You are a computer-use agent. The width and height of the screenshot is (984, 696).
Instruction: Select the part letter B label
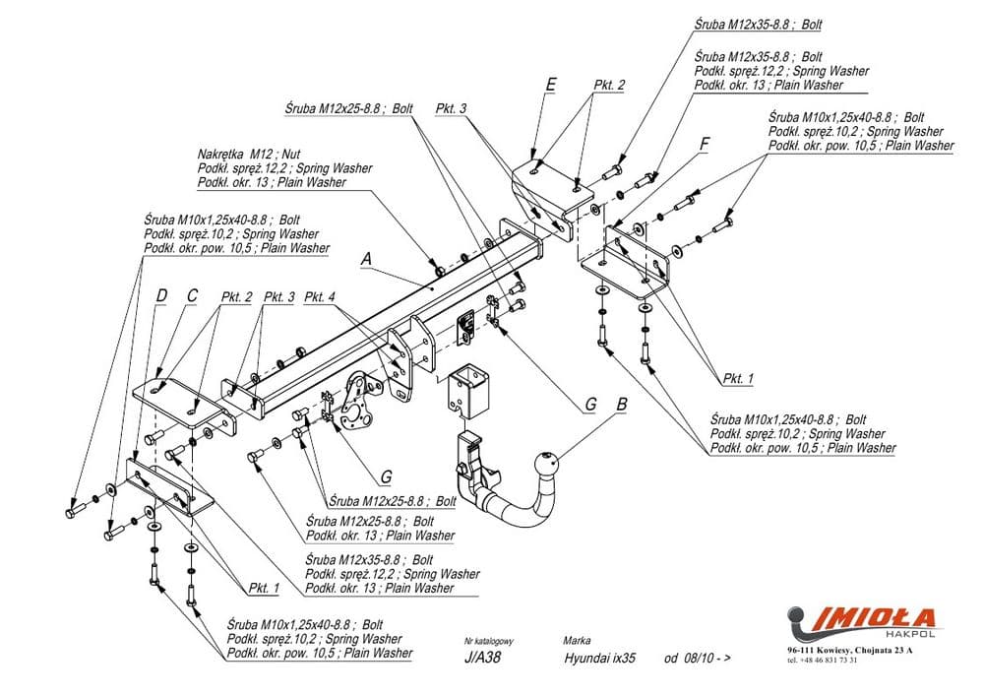tap(621, 402)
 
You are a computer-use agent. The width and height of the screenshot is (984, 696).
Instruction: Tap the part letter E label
tap(550, 85)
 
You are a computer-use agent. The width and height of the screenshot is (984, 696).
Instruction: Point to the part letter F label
tap(704, 144)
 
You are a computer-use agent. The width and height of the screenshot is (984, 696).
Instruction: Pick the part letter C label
tap(191, 295)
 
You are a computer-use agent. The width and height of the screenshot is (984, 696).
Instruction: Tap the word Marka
tap(577, 640)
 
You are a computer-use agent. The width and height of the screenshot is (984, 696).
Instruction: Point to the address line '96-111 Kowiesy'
tap(849, 651)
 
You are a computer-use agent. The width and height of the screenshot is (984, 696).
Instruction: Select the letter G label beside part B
tap(589, 403)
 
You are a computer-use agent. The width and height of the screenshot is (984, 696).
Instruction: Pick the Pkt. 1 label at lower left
tap(264, 588)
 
